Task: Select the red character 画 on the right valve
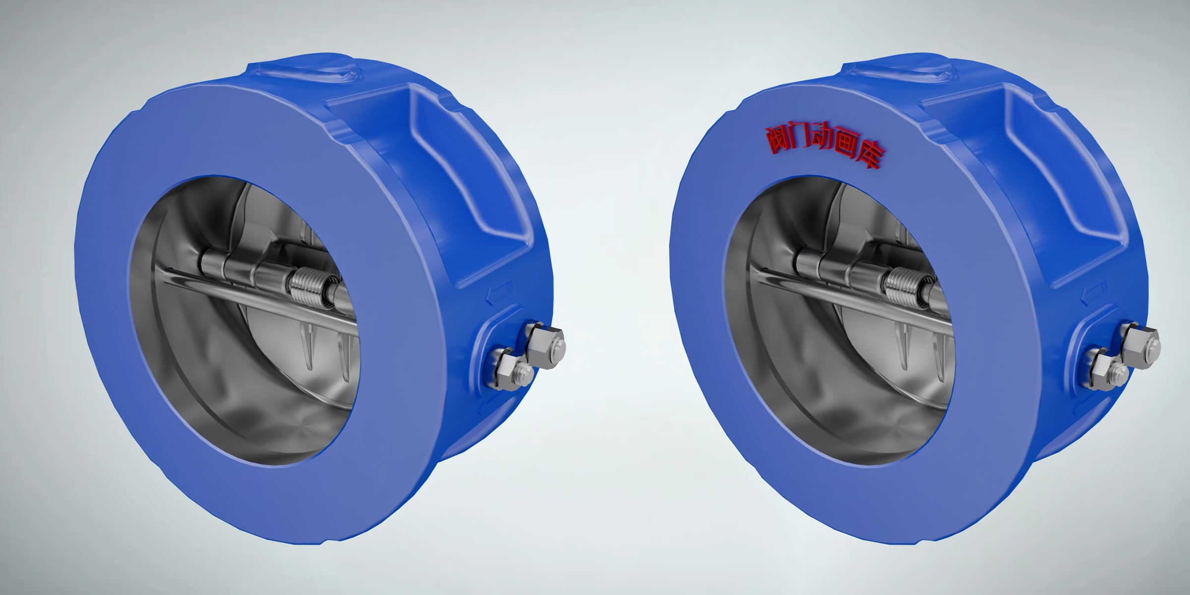(x=847, y=147)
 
